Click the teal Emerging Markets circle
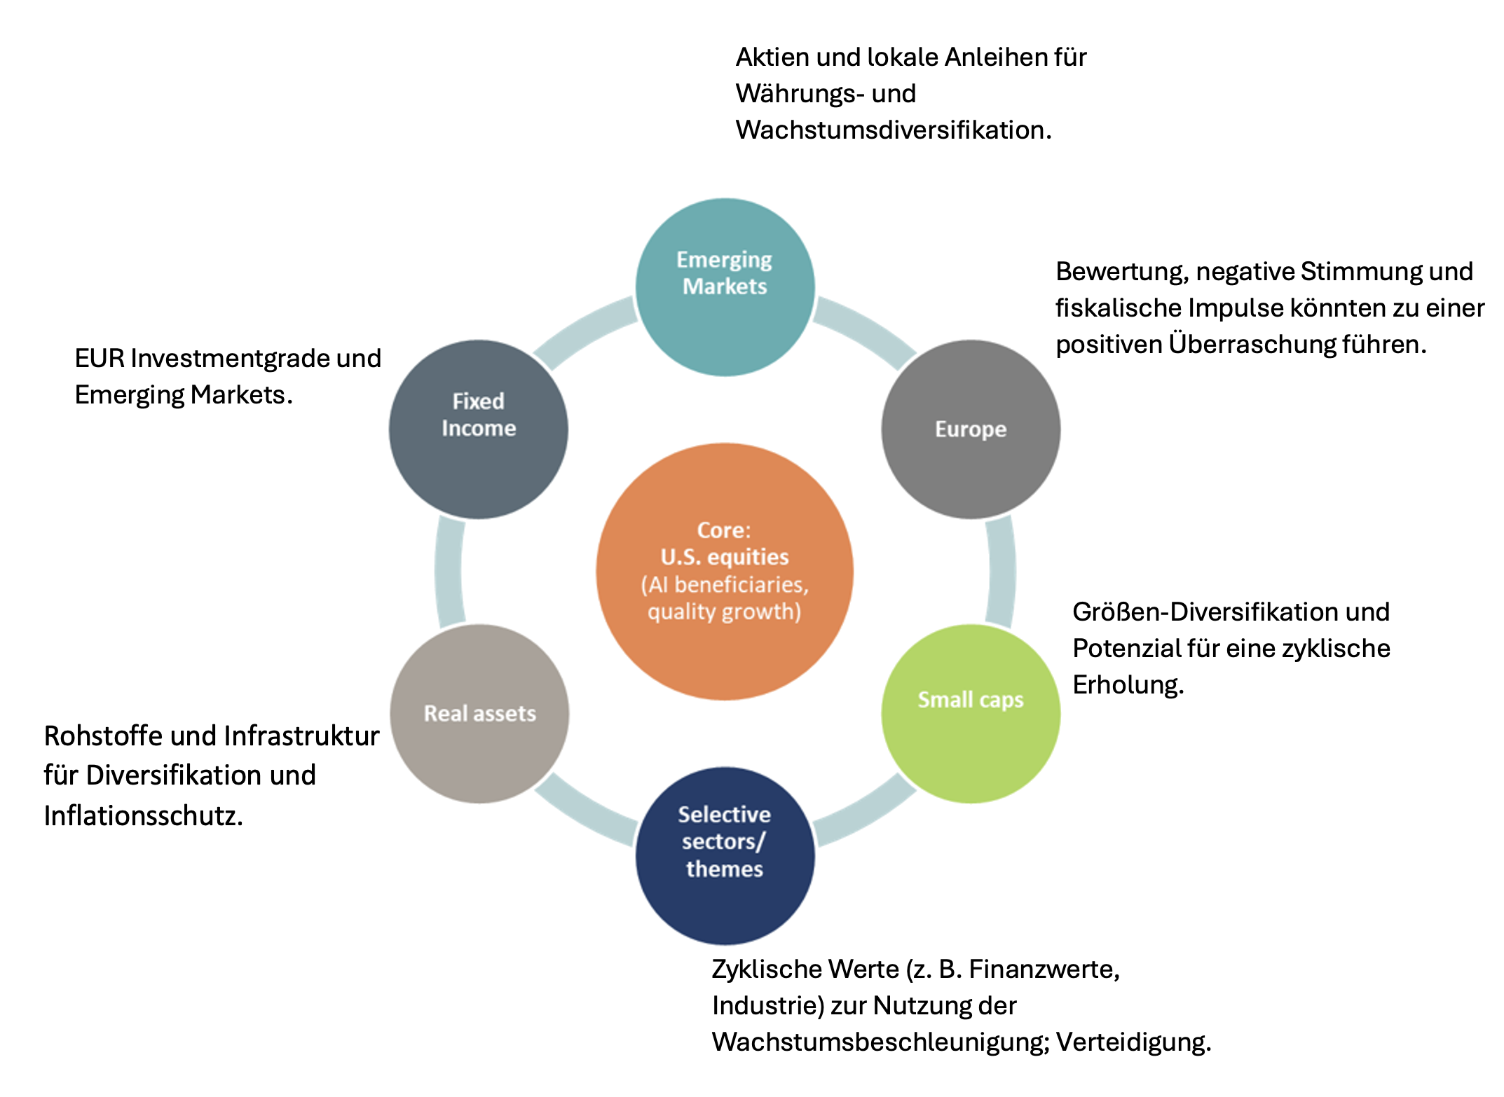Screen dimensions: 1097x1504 725,287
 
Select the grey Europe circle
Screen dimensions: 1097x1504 971,429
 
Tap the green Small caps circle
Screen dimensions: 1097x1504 971,713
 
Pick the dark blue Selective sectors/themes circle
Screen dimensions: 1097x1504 725,855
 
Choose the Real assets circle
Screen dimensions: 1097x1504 479,713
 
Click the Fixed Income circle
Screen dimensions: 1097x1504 479,429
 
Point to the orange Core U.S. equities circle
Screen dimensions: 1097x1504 725,571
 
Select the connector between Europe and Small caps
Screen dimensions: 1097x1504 1001,571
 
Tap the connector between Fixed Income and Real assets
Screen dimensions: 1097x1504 449,571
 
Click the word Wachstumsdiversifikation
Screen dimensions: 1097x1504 893,130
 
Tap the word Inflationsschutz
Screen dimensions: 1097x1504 143,816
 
